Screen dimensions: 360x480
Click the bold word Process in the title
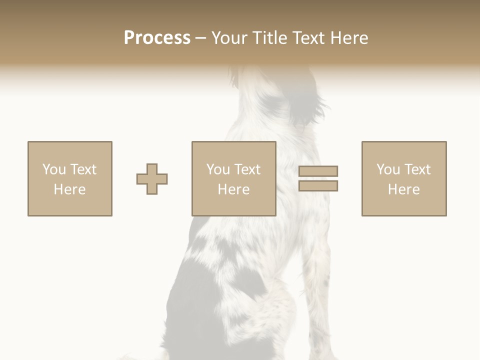click(157, 38)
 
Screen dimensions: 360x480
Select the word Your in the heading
click(231, 38)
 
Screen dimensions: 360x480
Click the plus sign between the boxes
click(152, 179)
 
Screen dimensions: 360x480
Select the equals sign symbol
click(318, 178)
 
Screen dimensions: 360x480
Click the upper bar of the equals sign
click(318, 171)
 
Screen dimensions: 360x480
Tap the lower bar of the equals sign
click(318, 185)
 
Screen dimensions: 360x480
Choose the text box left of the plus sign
click(70, 178)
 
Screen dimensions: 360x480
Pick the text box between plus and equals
click(234, 178)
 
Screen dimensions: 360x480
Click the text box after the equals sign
click(404, 178)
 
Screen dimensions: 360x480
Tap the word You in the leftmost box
click(54, 169)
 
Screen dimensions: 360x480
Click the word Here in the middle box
click(234, 189)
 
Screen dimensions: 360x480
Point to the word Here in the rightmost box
click(404, 189)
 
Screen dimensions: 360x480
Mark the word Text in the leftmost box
click(83, 169)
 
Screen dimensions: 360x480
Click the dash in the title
click(200, 38)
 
